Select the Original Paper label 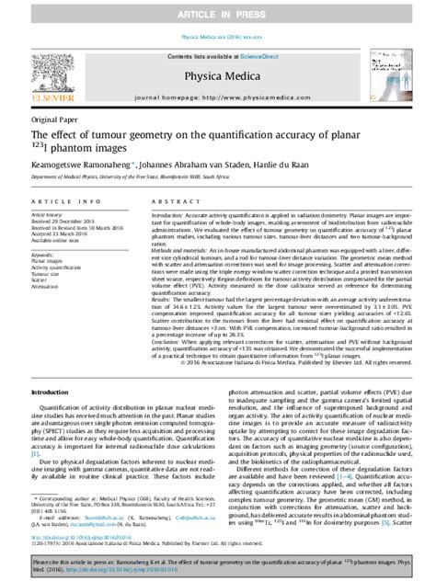click(54, 120)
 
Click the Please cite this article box click(218, 564)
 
